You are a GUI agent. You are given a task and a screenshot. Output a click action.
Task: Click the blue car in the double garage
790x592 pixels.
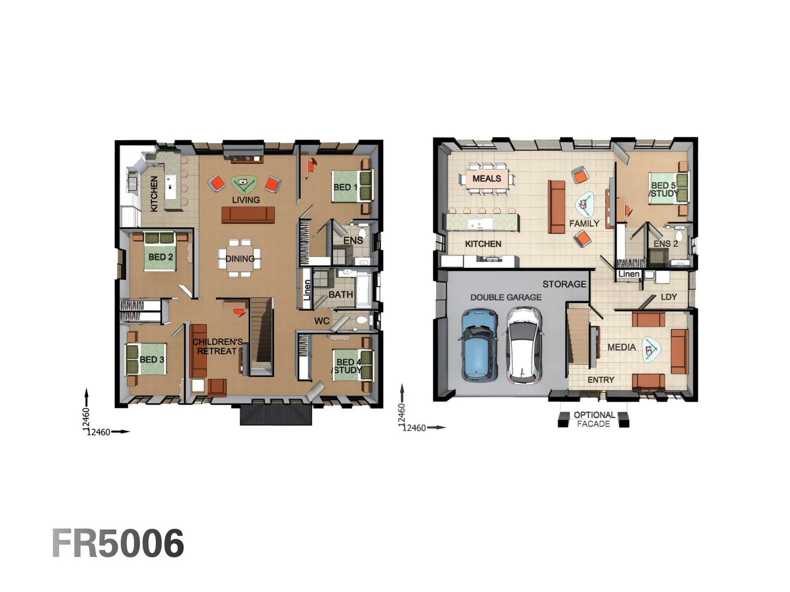[x=479, y=345]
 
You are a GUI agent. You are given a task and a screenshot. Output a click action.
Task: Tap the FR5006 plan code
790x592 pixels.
[x=118, y=543]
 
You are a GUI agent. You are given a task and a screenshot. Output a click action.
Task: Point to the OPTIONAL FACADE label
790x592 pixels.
[x=594, y=419]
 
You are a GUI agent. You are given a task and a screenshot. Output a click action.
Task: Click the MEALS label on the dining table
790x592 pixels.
[x=487, y=178]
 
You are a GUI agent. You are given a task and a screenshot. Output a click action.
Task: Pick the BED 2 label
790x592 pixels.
[x=161, y=257]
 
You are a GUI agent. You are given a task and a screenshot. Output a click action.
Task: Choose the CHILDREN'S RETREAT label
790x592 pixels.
[x=217, y=346]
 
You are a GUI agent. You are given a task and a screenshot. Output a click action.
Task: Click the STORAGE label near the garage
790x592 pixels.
[x=565, y=284]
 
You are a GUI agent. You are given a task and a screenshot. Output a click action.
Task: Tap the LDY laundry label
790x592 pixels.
[x=669, y=297]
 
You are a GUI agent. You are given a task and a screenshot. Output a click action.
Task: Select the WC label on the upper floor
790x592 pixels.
[x=321, y=321]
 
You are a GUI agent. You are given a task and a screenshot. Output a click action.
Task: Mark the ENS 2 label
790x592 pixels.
[x=665, y=244]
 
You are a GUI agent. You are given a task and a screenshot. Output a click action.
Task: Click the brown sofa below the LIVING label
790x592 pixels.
[x=248, y=214]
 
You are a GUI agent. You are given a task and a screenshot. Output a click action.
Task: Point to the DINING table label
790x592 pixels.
[x=240, y=259]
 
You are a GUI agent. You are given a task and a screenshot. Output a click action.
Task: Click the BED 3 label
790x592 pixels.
[x=151, y=360]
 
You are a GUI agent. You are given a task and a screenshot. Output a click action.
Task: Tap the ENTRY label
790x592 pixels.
[x=601, y=380]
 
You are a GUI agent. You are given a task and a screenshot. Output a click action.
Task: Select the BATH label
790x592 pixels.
[x=341, y=295]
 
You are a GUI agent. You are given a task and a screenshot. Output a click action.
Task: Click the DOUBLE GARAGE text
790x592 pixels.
[x=506, y=297]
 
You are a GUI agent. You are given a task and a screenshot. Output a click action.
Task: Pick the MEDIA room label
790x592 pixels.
[x=621, y=347]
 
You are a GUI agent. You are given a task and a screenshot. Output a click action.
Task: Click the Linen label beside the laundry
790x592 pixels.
[x=629, y=274]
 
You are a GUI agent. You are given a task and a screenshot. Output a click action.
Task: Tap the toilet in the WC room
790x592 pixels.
[x=362, y=320]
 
